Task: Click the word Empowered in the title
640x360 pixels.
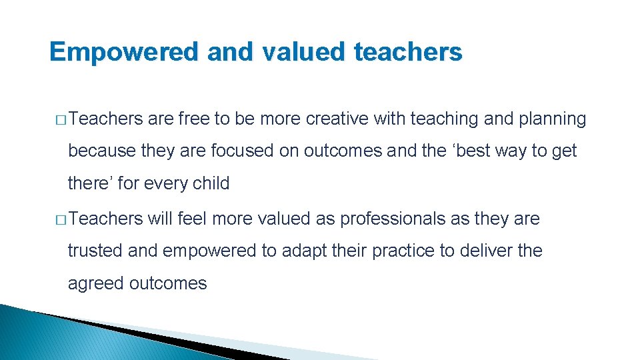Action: [x=124, y=52]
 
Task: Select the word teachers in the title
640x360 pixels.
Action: [x=408, y=52]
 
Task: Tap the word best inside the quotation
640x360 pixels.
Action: [x=473, y=151]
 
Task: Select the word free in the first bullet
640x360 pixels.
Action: [x=194, y=119]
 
